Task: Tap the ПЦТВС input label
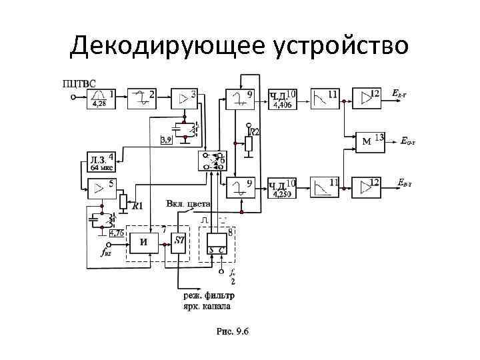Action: point(79,83)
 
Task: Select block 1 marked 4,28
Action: point(99,98)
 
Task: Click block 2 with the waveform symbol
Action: point(142,98)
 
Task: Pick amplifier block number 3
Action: point(184,98)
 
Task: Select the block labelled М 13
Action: point(371,141)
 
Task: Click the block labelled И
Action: point(144,243)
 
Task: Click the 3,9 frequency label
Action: point(167,139)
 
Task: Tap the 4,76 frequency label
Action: point(117,233)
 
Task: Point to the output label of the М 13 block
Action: point(409,141)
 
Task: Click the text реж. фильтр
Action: point(209,295)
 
